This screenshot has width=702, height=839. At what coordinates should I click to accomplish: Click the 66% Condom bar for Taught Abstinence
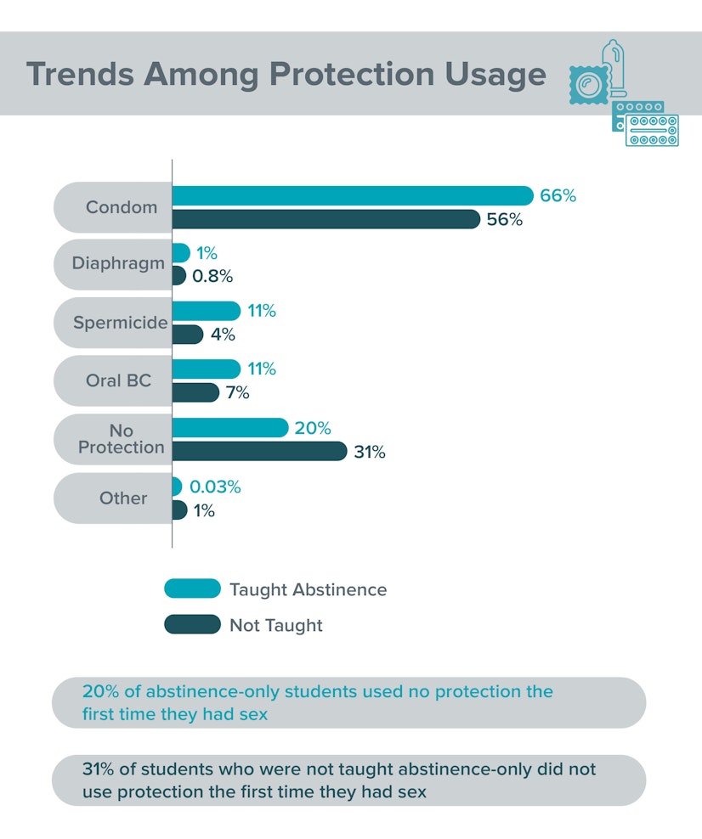353,195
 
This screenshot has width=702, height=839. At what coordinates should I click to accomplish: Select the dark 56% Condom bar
326,219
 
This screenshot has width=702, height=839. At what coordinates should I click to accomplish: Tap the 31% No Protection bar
259,451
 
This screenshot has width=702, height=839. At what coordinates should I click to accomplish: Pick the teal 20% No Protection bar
230,428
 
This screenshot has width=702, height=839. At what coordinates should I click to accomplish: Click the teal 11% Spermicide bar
206,311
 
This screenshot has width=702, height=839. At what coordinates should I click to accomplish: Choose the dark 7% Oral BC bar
195,392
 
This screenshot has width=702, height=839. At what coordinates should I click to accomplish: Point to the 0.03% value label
215,487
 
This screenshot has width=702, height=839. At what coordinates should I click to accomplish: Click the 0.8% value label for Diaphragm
212,276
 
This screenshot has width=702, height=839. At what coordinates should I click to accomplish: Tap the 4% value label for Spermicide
223,335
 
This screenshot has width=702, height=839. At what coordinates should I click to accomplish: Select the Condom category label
122,207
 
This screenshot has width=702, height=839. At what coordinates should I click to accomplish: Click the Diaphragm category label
118,263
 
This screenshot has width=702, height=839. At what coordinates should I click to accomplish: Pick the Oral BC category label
118,380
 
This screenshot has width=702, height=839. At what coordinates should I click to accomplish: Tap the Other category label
123,498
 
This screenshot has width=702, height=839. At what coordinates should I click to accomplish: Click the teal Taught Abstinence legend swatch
192,589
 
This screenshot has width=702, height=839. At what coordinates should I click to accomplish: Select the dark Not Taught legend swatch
192,625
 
